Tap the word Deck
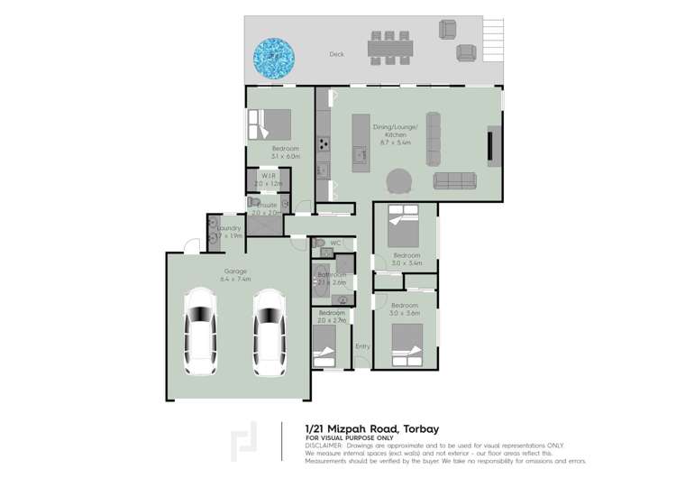click(336, 54)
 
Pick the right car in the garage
click(268, 331)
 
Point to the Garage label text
click(235, 271)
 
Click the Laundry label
click(229, 228)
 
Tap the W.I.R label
click(269, 176)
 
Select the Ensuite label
click(267, 206)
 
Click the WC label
click(334, 243)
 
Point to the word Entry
click(362, 346)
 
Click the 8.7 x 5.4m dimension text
click(395, 142)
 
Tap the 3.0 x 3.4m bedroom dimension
click(407, 263)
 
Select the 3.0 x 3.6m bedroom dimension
click(406, 313)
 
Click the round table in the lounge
click(399, 182)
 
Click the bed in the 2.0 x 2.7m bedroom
click(324, 347)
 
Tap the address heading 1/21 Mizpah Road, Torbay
click(372, 429)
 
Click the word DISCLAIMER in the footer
click(324, 445)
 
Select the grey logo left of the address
click(244, 441)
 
